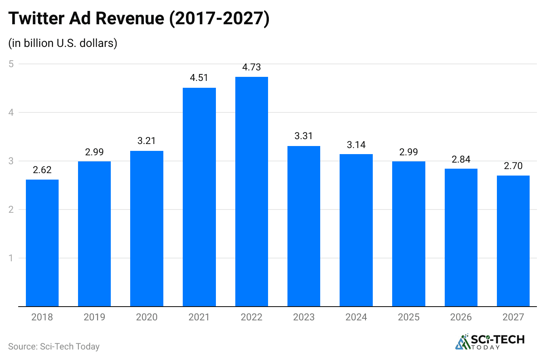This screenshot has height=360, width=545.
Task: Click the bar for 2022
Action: point(251,191)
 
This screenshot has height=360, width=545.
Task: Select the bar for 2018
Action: point(42,243)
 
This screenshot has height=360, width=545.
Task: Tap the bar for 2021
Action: point(199,197)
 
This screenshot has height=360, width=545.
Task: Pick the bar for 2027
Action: point(513,241)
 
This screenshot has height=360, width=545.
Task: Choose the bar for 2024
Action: point(356,230)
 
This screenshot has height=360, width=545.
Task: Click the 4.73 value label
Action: point(251,67)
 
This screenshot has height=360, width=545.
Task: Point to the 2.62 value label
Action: point(42,170)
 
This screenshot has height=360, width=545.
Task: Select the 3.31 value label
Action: point(304,136)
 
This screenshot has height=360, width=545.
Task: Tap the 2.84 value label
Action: point(461,159)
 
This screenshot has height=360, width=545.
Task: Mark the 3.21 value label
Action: point(147,141)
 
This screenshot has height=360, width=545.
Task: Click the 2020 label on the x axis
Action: point(147,317)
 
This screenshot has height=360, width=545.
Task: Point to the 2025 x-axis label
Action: point(408,317)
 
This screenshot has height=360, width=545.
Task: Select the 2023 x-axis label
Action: point(304,317)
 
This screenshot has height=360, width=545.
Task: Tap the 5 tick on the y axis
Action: point(11,64)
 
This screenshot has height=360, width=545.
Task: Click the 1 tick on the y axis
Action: point(11,258)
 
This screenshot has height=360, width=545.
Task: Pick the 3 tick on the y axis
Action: point(11,161)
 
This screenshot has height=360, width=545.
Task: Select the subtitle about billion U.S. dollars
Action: point(63,43)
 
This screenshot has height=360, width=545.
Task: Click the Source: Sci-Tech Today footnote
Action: point(54,347)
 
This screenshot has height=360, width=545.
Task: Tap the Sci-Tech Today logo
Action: point(489,342)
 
